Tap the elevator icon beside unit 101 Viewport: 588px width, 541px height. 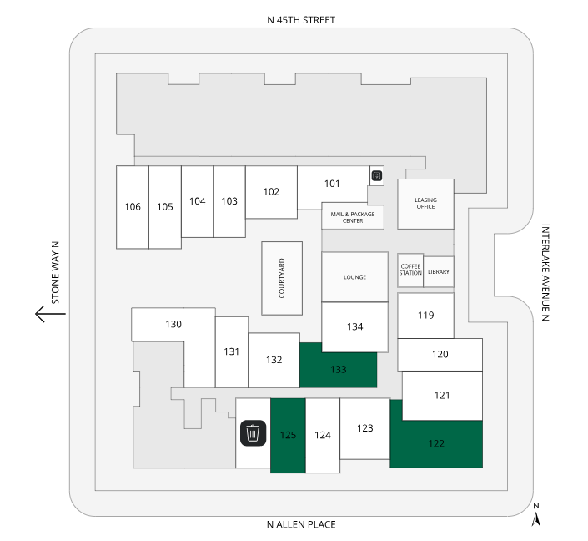tap(377, 175)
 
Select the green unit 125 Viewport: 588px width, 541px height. tap(288, 435)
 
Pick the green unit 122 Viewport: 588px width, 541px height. tap(436, 443)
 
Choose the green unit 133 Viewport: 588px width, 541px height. tap(338, 368)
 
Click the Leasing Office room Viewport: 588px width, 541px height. tap(425, 203)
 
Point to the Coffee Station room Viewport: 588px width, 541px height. tap(410, 271)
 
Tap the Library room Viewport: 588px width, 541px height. tap(439, 271)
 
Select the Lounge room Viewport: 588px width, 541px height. tap(354, 276)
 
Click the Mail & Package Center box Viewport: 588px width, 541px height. tap(353, 217)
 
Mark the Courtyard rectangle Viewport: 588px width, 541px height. tap(282, 278)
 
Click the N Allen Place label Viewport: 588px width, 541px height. tap(300, 524)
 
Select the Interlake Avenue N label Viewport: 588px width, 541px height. tap(546, 273)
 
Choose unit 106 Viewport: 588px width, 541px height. tap(132, 207)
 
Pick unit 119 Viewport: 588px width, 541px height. tap(425, 316)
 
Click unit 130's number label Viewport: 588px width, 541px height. tap(173, 324)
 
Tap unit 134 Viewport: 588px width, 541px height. tap(354, 326)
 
